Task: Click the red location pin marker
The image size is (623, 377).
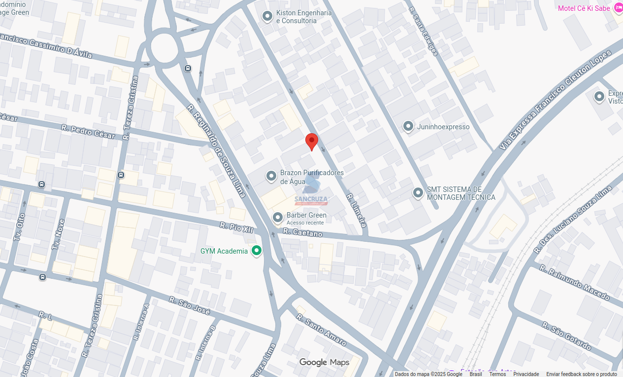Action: [311, 141]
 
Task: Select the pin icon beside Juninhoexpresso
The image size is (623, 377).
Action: [408, 127]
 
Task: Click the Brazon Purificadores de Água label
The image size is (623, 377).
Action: [312, 177]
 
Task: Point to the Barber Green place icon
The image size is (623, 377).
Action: [278, 217]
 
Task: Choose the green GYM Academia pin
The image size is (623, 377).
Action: [256, 251]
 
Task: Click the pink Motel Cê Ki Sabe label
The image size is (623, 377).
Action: [584, 8]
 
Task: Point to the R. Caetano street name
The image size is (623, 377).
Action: [303, 232]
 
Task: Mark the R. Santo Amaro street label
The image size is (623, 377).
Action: [321, 329]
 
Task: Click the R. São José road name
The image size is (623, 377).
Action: [190, 305]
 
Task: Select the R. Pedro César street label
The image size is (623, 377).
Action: [88, 131]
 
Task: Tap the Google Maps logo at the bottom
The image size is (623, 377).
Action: [324, 363]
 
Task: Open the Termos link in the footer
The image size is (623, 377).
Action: [497, 374]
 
